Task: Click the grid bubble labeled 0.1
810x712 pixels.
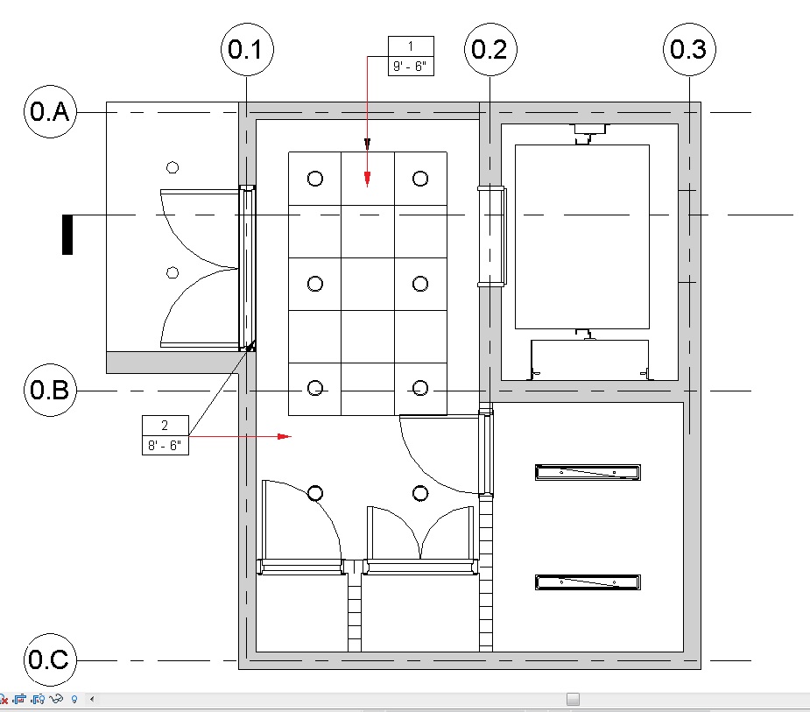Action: point(247,50)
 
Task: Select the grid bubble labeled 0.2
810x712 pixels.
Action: point(490,50)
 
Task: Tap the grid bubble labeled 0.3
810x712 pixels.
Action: point(689,50)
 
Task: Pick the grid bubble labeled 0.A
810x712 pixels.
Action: point(50,111)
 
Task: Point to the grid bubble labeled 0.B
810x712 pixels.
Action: point(50,390)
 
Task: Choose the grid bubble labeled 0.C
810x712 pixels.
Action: point(50,659)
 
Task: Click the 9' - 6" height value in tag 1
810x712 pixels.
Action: point(410,67)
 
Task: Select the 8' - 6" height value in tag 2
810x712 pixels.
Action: point(165,446)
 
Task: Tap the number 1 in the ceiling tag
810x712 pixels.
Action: point(411,46)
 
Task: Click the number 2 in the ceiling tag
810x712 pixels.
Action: point(165,426)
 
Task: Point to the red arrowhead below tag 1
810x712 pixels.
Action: point(367,179)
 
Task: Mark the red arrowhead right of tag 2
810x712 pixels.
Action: point(284,437)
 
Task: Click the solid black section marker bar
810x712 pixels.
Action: point(67,235)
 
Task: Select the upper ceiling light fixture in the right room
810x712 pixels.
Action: point(588,472)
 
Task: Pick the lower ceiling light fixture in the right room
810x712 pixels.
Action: point(588,582)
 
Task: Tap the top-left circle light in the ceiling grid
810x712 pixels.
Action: point(315,179)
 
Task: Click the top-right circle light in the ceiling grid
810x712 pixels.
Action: point(420,179)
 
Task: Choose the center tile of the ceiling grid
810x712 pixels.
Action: point(368,284)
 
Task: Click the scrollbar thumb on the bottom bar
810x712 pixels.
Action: point(573,699)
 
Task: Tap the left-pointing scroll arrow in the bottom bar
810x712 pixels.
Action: point(92,699)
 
